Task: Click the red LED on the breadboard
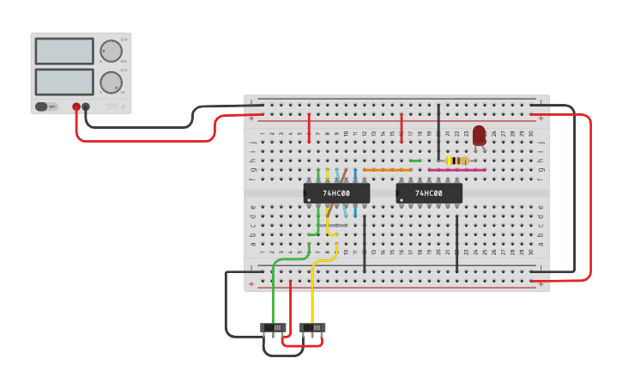click(x=479, y=136)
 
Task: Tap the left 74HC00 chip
click(x=336, y=193)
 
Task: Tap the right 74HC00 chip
click(x=429, y=193)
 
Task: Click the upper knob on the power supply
click(x=111, y=51)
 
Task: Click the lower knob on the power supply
click(x=111, y=82)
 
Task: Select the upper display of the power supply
click(x=64, y=51)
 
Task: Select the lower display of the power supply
click(x=64, y=82)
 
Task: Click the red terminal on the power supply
click(x=76, y=106)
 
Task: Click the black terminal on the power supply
click(x=86, y=106)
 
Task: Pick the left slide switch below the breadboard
click(x=274, y=327)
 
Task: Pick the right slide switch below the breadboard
click(x=313, y=327)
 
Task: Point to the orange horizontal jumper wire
click(x=387, y=170)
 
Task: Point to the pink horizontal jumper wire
click(x=456, y=170)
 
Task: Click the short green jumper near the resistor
click(x=415, y=161)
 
